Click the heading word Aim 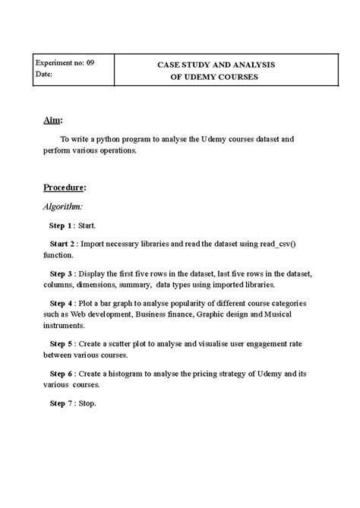pyautogui.click(x=52, y=120)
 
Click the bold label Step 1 pyautogui.click(x=61, y=226)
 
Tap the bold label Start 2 pyautogui.click(x=62, y=245)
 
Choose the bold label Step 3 pyautogui.click(x=61, y=273)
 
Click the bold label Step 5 pyautogui.click(x=61, y=342)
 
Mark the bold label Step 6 pyautogui.click(x=61, y=374)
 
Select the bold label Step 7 pyautogui.click(x=61, y=403)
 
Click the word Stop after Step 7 pyautogui.click(x=87, y=403)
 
